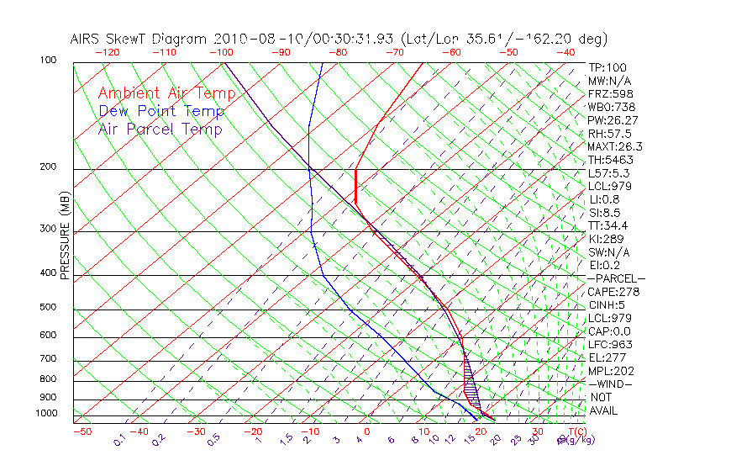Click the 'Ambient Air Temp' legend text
[x=166, y=93]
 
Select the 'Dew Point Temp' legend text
[x=161, y=111]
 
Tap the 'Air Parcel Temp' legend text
[x=160, y=129]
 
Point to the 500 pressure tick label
[x=49, y=307]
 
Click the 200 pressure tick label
[x=49, y=167]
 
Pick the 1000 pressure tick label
[x=46, y=414]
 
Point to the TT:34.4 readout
[x=608, y=225]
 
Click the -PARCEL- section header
[x=616, y=278]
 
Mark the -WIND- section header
[x=610, y=384]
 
